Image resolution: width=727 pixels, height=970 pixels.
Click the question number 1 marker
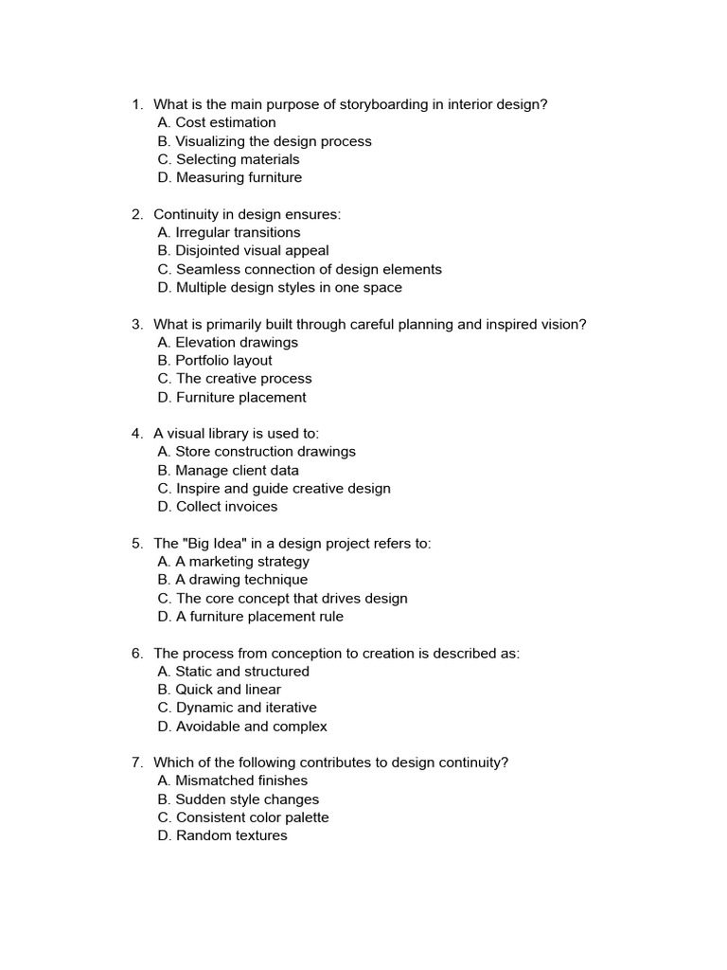[x=136, y=104]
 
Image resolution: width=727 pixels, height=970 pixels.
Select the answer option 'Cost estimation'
[x=225, y=122]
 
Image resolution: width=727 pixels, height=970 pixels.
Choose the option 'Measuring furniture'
[x=239, y=177]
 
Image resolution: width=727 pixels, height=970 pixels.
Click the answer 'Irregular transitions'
[x=238, y=232]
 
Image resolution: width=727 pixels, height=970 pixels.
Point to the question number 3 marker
[x=136, y=324]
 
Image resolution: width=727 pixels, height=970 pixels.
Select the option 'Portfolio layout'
[x=223, y=360]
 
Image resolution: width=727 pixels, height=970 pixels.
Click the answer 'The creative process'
[x=243, y=378]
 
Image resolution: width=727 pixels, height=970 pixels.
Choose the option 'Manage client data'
[x=237, y=470]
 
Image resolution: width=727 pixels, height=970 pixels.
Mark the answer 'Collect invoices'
[x=226, y=506]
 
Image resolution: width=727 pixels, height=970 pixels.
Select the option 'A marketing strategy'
[x=242, y=561]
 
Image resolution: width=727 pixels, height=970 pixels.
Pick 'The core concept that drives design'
[x=292, y=598]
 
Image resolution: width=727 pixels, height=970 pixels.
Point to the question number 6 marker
[x=136, y=653]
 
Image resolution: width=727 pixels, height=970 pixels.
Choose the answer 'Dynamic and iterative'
[x=246, y=708]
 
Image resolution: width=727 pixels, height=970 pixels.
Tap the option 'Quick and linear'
[x=228, y=689]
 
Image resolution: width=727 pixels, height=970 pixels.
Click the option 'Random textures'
[x=231, y=835]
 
